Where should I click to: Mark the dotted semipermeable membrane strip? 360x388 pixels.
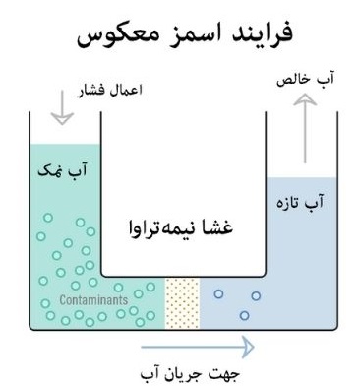click(x=183, y=301)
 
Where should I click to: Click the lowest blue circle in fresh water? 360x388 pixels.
click(x=241, y=315)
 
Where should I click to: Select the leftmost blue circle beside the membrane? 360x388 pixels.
click(x=218, y=292)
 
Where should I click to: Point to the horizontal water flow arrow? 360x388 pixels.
click(x=197, y=346)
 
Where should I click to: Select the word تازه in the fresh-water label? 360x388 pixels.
click(x=290, y=201)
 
